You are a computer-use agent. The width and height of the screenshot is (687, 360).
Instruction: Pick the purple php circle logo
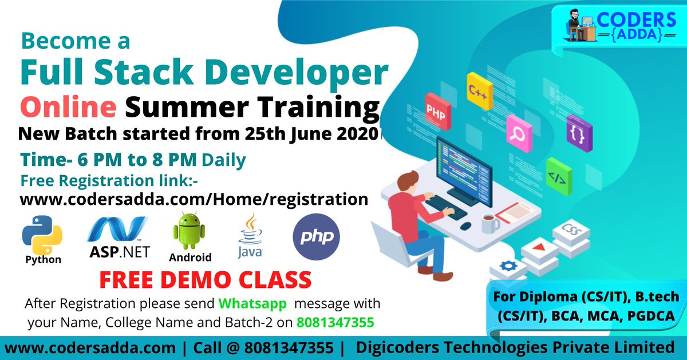(316, 238)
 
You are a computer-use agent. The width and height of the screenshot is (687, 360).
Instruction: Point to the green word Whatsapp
(253, 303)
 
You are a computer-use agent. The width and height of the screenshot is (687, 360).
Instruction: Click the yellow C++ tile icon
(479, 91)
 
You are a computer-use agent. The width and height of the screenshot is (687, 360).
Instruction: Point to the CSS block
(570, 232)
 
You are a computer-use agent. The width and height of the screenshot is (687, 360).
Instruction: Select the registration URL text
(194, 199)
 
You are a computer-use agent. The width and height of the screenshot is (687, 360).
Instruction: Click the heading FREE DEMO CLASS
(205, 280)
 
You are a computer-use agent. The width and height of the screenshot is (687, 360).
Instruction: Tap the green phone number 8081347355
(335, 322)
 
